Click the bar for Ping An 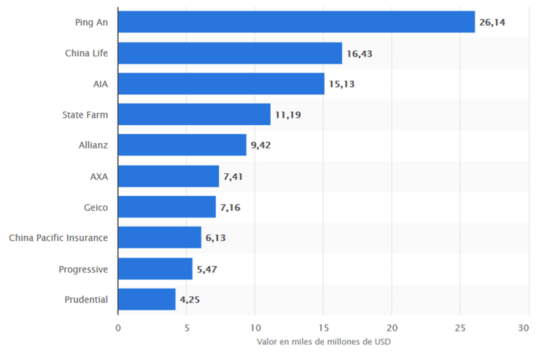(296, 22)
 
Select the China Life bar (230, 53)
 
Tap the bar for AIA (221, 84)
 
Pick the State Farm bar (194, 115)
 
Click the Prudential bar (147, 299)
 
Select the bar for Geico (167, 207)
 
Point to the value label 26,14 (492, 22)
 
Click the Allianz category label (93, 145)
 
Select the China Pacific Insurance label (58, 238)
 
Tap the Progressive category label (83, 268)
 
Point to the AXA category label (99, 176)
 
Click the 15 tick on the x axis (323, 327)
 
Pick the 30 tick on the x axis (527, 327)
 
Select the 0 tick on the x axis (118, 327)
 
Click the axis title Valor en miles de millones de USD (323, 341)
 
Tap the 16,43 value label (359, 53)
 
